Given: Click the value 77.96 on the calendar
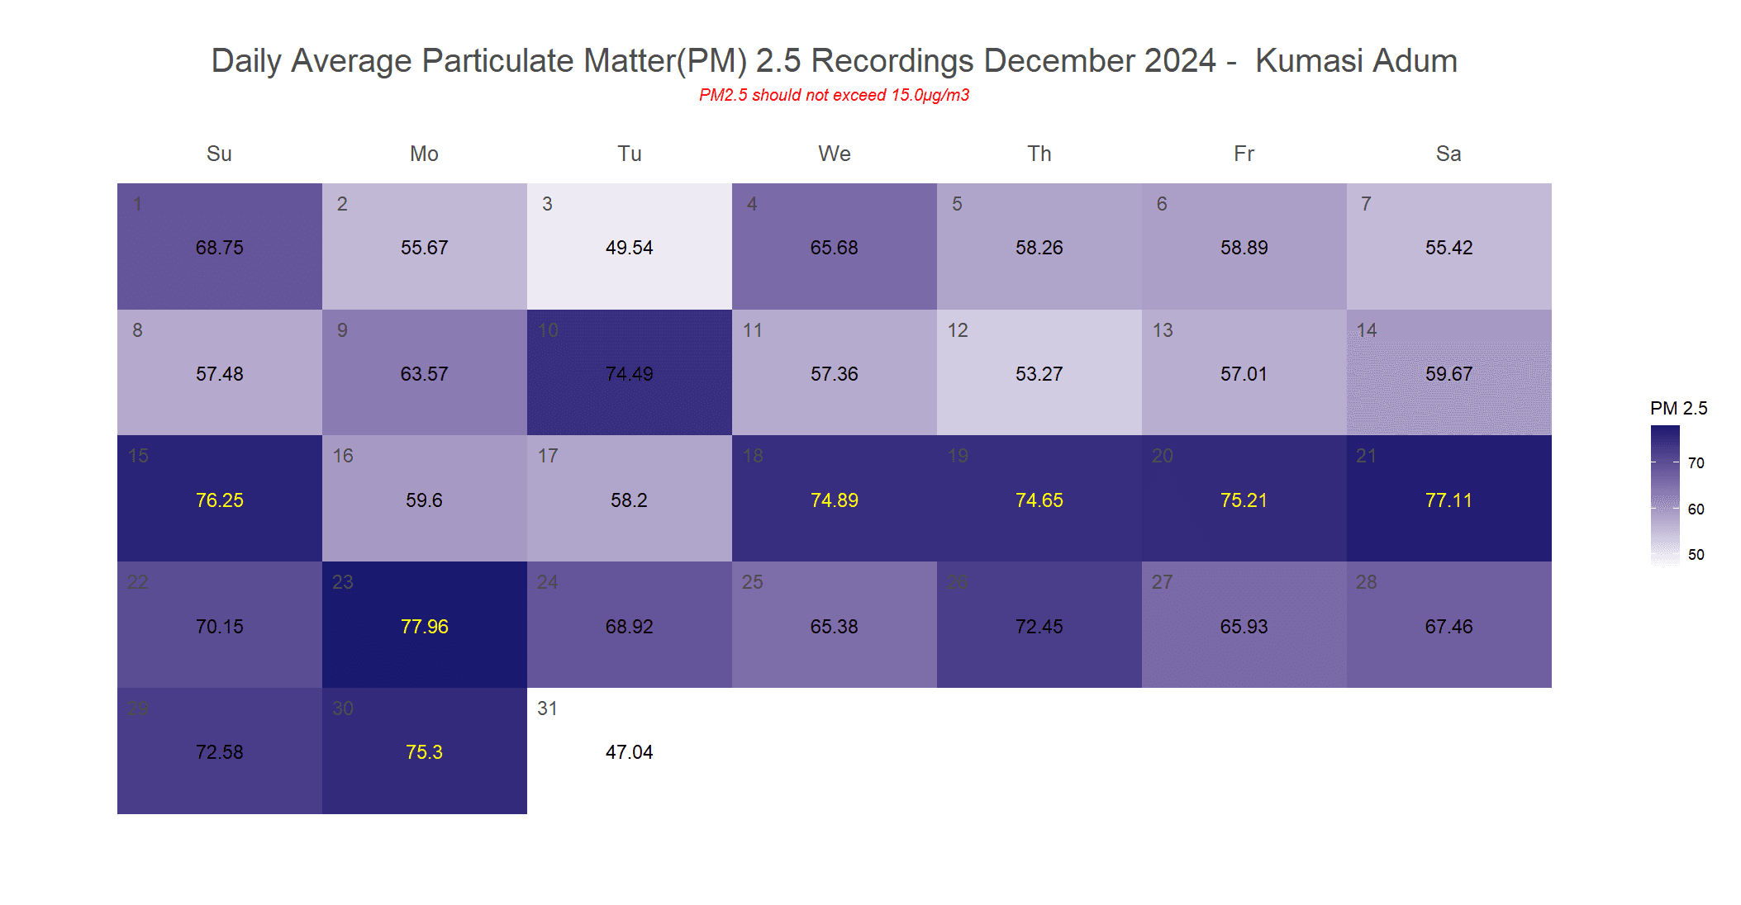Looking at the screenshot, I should (x=424, y=627).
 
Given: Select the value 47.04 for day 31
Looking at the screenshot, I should (x=629, y=752).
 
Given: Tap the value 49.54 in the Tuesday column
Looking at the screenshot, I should (x=629, y=248).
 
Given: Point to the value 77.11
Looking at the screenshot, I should (x=1448, y=500).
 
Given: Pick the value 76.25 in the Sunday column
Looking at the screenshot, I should (x=219, y=500).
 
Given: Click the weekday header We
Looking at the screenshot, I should (x=834, y=154).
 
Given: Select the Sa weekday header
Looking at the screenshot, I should (x=1448, y=154).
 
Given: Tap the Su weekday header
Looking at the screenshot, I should (x=219, y=154).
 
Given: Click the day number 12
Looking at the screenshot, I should (x=958, y=330).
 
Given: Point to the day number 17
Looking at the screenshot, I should (x=548, y=456).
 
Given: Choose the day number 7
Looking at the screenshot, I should (x=1366, y=204).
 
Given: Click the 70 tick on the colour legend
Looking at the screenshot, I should (x=1696, y=463).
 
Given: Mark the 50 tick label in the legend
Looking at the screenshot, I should (x=1696, y=555).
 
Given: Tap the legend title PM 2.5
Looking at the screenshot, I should (x=1678, y=408).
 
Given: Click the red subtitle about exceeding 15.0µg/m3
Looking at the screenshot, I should (x=834, y=95).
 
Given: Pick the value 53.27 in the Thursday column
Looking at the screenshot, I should (x=1039, y=374).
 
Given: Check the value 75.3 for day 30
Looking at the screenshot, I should (x=424, y=752).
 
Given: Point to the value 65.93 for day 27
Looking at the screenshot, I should (x=1244, y=627).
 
